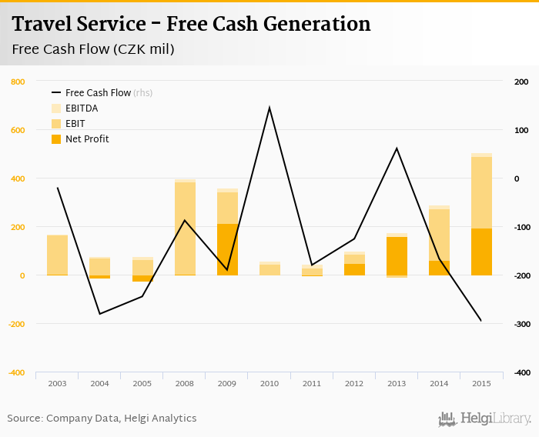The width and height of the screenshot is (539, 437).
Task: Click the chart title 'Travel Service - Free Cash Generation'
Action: tap(192, 24)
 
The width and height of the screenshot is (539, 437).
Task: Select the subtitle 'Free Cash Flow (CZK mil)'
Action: tap(93, 50)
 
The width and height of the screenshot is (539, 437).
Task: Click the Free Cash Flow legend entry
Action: tap(98, 93)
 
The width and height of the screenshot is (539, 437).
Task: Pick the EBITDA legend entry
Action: tap(82, 108)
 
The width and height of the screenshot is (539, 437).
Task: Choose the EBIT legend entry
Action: tap(75, 124)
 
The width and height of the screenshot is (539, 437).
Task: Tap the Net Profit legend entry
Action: tap(87, 139)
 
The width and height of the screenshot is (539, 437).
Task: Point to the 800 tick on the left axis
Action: tap(18, 82)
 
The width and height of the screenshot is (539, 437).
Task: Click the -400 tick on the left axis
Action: tap(16, 372)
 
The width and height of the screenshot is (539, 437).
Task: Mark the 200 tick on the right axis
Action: tap(521, 82)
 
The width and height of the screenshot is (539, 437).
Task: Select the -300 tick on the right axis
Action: tap(521, 324)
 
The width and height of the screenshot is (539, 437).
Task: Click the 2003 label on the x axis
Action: tap(58, 383)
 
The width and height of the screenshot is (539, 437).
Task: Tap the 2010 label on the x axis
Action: tap(269, 383)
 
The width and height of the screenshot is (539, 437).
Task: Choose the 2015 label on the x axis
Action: tap(481, 383)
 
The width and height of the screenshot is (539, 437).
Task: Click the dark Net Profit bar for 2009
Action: tap(227, 249)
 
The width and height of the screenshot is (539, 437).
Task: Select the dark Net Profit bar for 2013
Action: tap(397, 256)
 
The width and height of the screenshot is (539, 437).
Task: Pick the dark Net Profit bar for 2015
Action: tap(481, 252)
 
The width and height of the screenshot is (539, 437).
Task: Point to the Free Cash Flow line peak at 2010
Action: tap(269, 108)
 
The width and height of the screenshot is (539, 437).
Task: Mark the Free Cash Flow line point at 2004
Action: tap(100, 314)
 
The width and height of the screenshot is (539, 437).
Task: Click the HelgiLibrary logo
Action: tap(485, 419)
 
